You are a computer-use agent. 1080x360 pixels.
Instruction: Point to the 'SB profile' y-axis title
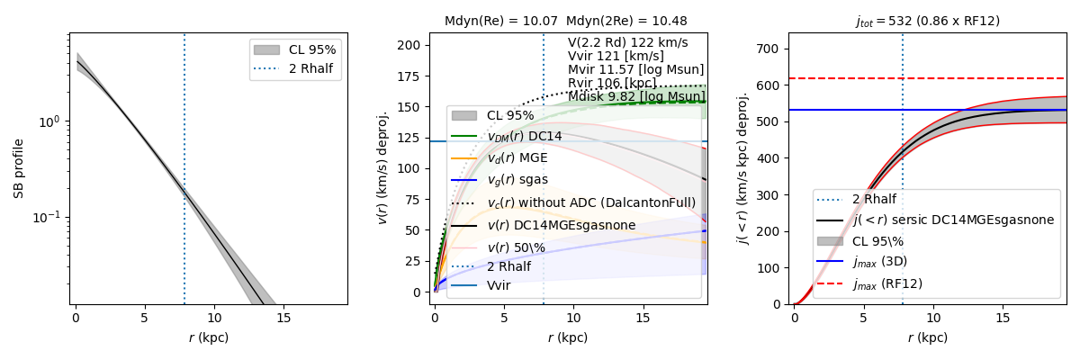point(18,168)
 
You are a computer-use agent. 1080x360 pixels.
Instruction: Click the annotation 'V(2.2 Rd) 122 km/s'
point(627,42)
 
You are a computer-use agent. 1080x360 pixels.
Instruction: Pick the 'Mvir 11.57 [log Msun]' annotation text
point(635,69)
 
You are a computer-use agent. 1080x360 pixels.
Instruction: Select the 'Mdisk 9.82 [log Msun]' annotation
point(636,96)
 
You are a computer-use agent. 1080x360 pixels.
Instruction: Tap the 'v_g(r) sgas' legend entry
point(517,180)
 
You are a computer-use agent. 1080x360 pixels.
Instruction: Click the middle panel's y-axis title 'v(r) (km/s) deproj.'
point(383,168)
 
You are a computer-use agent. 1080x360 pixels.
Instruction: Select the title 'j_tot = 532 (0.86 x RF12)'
point(927,21)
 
